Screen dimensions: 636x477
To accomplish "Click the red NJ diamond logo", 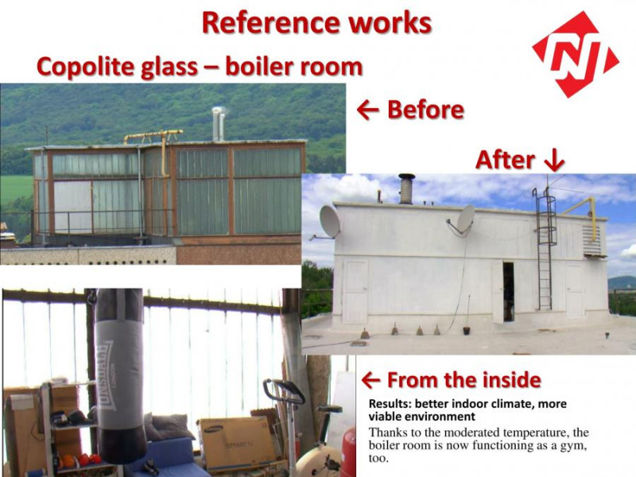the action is pos(575,54).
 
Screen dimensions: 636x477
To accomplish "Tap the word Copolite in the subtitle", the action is pos(85,67).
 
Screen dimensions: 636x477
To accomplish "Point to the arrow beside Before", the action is pos(368,110).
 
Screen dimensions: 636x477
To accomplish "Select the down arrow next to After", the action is pos(554,161).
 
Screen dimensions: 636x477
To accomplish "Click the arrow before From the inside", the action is pos(370,381).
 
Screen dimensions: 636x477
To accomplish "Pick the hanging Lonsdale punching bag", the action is pos(120,375).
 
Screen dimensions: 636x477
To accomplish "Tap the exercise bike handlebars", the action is pos(284,390).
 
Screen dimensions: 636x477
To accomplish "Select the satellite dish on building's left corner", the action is pos(329,222).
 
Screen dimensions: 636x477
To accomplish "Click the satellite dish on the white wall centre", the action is pos(466,219).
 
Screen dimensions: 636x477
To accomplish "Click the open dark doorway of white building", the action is pos(508,291).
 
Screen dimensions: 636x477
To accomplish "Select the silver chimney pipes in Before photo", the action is pos(218,124).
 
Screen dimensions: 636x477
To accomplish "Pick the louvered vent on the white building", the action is pos(591,240).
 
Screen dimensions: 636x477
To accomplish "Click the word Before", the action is pos(425,110).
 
